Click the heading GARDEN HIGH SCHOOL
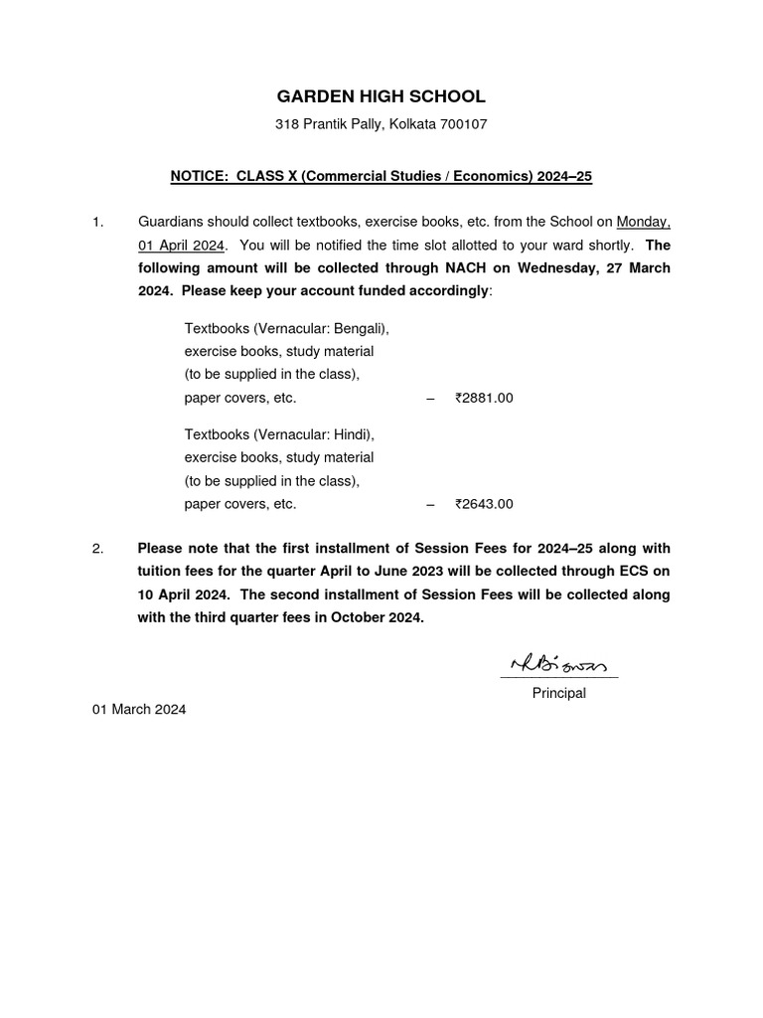tap(381, 96)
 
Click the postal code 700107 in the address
tap(463, 125)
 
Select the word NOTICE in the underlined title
tap(199, 176)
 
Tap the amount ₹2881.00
tap(484, 398)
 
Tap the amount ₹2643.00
tap(484, 504)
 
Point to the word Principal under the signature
tap(558, 693)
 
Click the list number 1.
tap(97, 222)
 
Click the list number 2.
tap(97, 549)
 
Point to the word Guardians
tap(169, 222)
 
